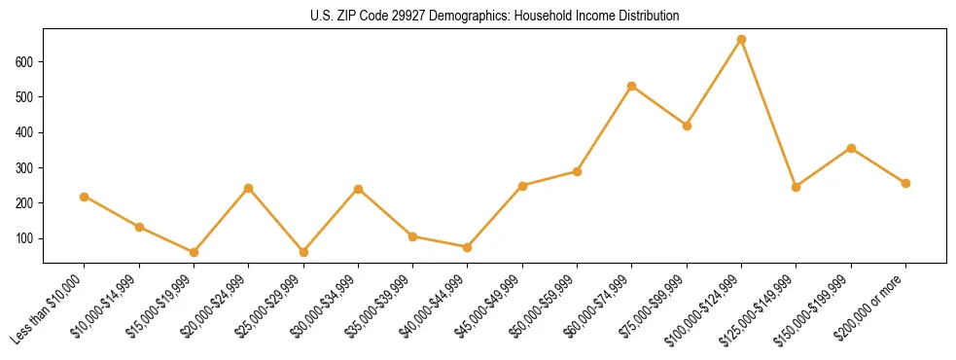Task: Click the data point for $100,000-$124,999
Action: pyautogui.click(x=741, y=40)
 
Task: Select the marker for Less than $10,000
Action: pyautogui.click(x=85, y=197)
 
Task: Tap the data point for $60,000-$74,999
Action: pyautogui.click(x=632, y=87)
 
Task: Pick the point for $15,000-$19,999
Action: pyautogui.click(x=194, y=252)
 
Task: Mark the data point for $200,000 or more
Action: pyautogui.click(x=905, y=183)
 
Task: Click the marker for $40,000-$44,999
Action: pyautogui.click(x=468, y=247)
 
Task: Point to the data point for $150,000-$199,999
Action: pyautogui.click(x=851, y=148)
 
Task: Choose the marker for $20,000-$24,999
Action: pyautogui.click(x=249, y=188)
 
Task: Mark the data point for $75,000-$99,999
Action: pyautogui.click(x=687, y=126)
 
